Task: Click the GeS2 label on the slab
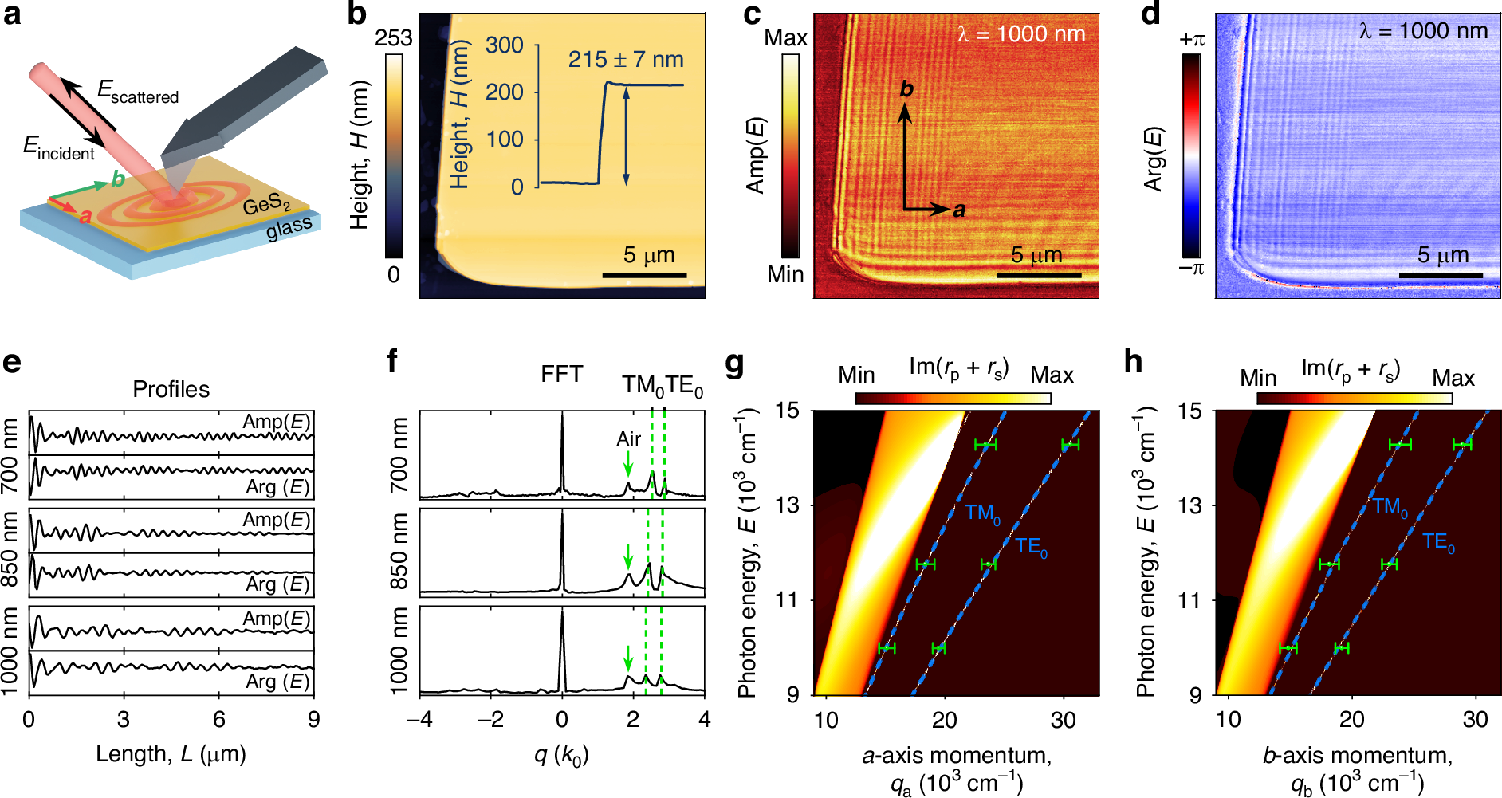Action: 266,205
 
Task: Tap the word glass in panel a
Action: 289,228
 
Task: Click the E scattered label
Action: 138,92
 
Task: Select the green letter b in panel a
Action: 118,179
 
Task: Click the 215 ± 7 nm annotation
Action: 626,60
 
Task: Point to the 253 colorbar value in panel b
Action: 394,38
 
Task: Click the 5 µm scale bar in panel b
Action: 644,274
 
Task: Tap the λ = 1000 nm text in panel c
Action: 1021,34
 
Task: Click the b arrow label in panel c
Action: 906,88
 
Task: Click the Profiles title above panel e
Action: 171,389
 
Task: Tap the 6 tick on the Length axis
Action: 219,720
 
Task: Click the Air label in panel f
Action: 628,438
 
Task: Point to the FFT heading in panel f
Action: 561,374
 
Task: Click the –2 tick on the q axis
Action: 490,720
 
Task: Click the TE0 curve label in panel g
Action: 1031,547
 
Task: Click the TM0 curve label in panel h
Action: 1390,507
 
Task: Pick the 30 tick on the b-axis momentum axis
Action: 1475,720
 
